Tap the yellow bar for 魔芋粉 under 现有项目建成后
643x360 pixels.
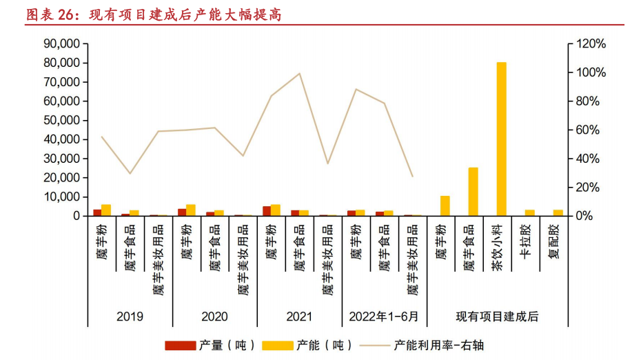point(445,206)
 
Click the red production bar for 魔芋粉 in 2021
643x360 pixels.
point(267,211)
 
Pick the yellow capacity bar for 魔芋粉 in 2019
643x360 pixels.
point(106,210)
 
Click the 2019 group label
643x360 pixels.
point(130,317)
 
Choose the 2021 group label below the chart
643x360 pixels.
point(299,317)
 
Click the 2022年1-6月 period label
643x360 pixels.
point(384,317)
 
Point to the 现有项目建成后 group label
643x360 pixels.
point(497,317)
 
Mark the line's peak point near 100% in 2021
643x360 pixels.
point(299,74)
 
